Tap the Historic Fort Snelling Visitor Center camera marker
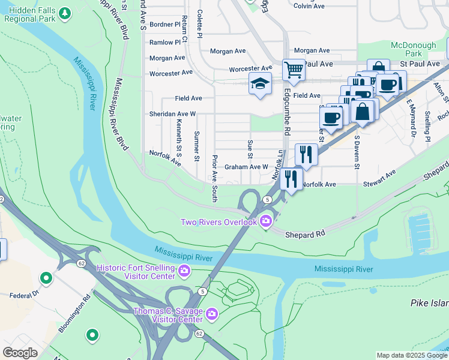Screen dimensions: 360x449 click(184, 271)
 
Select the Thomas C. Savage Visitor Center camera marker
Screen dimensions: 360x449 click(211, 314)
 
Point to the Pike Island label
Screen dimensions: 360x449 click(430, 304)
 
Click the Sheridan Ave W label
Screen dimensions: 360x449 click(173, 113)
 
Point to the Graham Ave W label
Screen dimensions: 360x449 click(246, 167)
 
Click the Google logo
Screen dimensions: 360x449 click(20, 353)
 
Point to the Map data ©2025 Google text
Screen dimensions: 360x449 click(411, 355)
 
